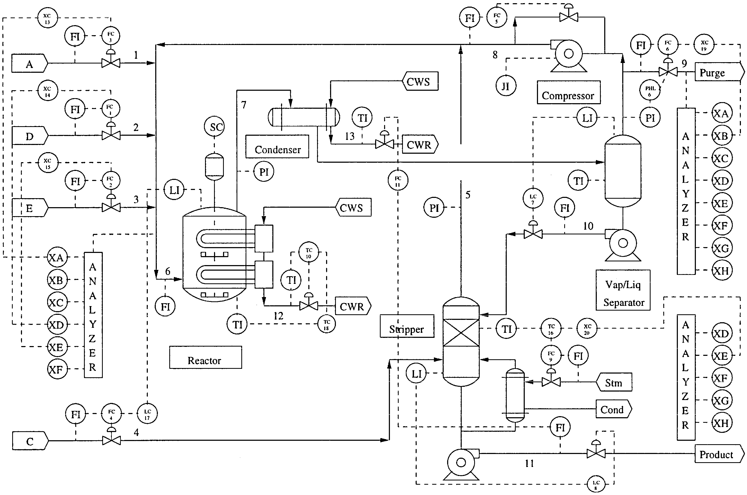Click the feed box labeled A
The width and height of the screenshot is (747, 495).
pos(29,64)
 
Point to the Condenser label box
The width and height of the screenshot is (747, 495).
pos(277,147)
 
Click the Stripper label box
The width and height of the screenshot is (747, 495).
pos(407,326)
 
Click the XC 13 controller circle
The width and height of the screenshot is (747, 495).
pos(47,18)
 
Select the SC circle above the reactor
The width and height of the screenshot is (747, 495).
pos(215,127)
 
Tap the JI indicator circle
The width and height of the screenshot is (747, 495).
pos(506,86)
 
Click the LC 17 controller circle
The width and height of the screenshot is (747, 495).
pos(147,414)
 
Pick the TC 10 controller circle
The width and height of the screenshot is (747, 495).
pos(309,252)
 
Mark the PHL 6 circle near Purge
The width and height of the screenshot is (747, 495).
pos(650,90)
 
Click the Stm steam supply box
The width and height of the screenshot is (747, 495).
pos(614,382)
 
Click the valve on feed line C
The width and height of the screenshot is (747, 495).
pos(111,440)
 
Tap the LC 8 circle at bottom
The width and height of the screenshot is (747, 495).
pos(596,484)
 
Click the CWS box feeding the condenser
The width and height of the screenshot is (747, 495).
pos(420,81)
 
